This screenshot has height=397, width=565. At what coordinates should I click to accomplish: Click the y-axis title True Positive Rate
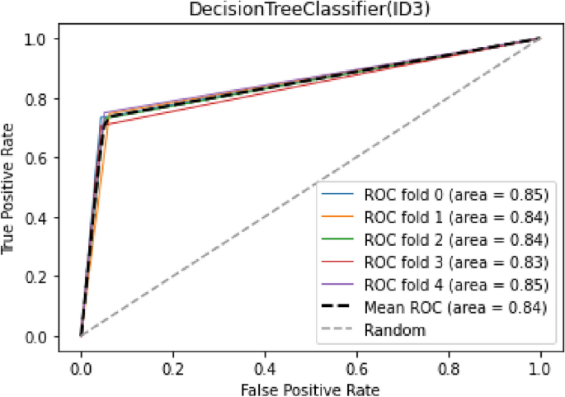pyautogui.click(x=11, y=188)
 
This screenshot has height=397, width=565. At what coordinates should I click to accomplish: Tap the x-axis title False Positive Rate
pyautogui.click(x=311, y=386)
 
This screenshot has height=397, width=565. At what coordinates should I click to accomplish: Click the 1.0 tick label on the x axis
pyautogui.click(x=540, y=364)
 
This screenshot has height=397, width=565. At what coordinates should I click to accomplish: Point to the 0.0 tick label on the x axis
pyautogui.click(x=81, y=364)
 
